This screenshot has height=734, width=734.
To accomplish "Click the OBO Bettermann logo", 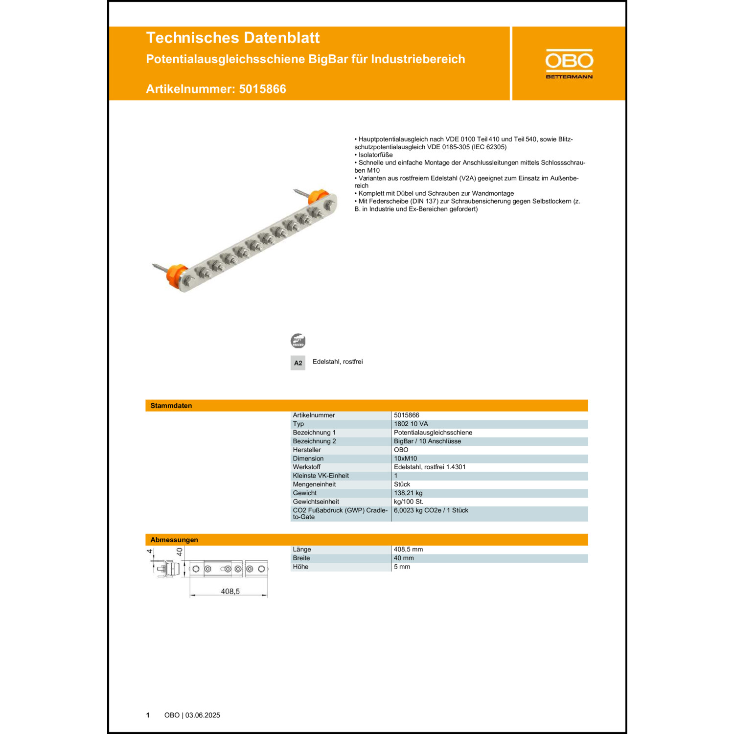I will point(569,64).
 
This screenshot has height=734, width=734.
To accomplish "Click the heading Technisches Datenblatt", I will point(232,38).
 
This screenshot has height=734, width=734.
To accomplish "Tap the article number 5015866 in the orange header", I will point(262,89).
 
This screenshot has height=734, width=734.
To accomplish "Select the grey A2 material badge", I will point(298,363).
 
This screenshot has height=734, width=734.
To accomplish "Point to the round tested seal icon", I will point(298,341).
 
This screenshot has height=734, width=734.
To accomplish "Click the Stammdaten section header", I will point(171,406).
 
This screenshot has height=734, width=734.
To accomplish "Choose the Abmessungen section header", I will point(174,540).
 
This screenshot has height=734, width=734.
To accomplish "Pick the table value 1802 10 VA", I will point(411,424).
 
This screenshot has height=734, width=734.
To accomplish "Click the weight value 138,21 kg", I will point(408,493).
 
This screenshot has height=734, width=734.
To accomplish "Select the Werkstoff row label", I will point(306,467).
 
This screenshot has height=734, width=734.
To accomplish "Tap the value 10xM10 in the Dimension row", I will point(405,459).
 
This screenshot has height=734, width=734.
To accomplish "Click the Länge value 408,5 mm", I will point(408,550).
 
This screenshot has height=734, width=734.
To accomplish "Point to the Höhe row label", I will point(300,567).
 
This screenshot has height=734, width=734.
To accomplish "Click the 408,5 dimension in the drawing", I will point(230,591).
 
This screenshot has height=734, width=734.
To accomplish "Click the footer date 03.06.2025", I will point(203,715).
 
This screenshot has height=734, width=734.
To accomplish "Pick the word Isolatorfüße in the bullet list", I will point(375,155).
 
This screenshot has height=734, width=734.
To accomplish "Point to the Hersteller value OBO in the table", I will point(401,450).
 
